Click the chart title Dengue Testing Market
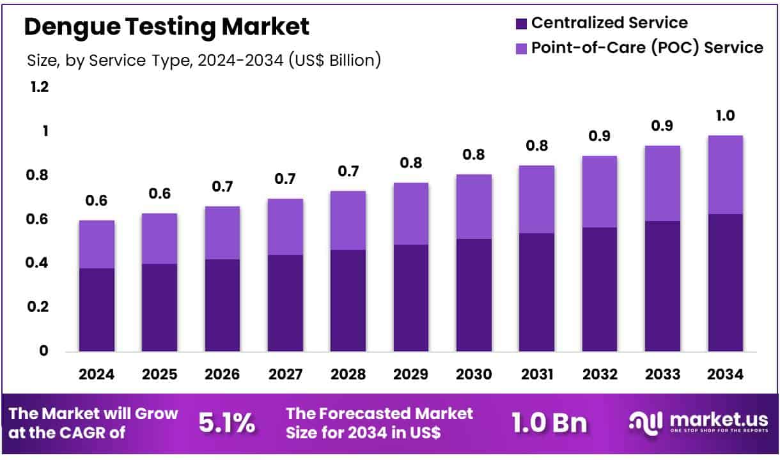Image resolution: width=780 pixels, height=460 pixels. [x=167, y=27]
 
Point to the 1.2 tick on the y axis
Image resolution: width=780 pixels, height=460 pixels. [x=40, y=88]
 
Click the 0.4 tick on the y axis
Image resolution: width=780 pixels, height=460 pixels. [x=40, y=263]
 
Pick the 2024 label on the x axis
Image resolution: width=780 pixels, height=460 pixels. [x=97, y=374]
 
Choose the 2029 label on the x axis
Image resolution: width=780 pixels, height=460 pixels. [x=410, y=374]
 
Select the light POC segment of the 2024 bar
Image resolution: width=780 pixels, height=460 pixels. [x=97, y=244]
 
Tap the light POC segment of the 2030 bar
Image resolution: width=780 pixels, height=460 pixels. [x=473, y=206]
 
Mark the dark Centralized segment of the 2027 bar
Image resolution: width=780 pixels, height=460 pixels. [x=285, y=303]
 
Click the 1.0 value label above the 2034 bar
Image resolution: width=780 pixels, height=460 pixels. [x=725, y=116]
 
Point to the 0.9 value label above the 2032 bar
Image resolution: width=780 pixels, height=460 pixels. [x=599, y=136]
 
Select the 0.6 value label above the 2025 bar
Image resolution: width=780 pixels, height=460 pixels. [x=160, y=194]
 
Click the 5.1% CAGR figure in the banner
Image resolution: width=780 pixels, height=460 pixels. [x=227, y=423]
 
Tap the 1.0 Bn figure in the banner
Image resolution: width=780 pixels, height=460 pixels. [x=549, y=423]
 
